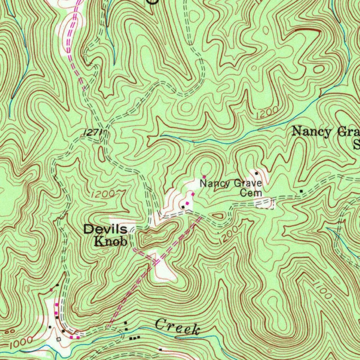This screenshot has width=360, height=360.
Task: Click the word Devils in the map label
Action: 105,230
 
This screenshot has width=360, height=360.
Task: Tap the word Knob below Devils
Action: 110,242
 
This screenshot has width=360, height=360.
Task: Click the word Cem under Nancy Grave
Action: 251,193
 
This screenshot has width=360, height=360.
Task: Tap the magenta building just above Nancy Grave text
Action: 204,176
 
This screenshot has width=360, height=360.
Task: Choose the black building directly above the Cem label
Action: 257,173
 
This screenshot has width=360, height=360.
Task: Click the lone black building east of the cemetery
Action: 301,191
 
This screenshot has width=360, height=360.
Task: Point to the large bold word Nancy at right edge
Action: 311,132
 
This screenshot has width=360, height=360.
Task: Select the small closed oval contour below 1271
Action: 102,154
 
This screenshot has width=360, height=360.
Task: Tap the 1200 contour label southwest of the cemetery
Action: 228,235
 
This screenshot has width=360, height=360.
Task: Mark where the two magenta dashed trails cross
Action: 156,261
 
